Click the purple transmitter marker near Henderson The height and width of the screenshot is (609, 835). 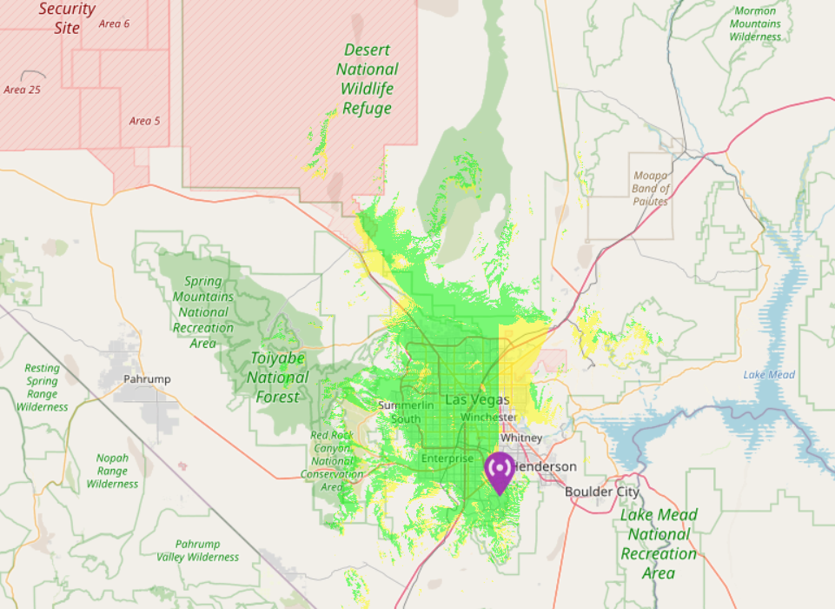(500, 471)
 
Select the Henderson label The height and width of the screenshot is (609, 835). (545, 467)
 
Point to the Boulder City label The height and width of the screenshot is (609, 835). (602, 492)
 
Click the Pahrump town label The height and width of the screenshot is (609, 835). (147, 379)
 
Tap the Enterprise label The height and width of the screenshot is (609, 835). (447, 458)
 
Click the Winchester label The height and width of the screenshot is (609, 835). (489, 418)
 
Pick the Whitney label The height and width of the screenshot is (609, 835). (521, 438)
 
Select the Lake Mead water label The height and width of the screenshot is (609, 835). (769, 375)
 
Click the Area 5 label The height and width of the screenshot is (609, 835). (144, 121)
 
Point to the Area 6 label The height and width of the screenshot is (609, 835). (114, 23)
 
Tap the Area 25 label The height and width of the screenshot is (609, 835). (22, 90)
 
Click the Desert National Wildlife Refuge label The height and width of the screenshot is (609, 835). (368, 79)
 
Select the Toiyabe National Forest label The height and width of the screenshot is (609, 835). (279, 377)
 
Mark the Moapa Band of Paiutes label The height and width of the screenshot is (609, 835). (651, 188)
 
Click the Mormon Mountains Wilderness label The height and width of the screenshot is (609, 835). (755, 24)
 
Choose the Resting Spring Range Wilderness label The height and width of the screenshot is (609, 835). (42, 387)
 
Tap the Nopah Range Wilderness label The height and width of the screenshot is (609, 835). (112, 471)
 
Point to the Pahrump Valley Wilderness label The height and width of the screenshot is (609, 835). (197, 550)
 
